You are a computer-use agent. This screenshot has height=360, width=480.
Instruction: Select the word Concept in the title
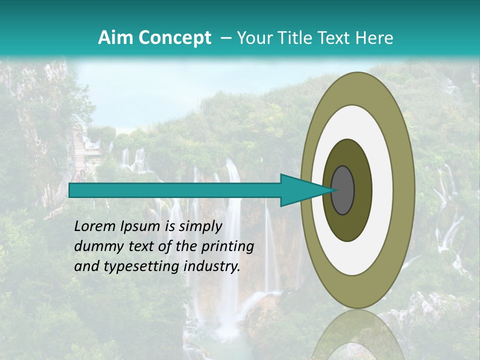pyautogui.click(x=174, y=38)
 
